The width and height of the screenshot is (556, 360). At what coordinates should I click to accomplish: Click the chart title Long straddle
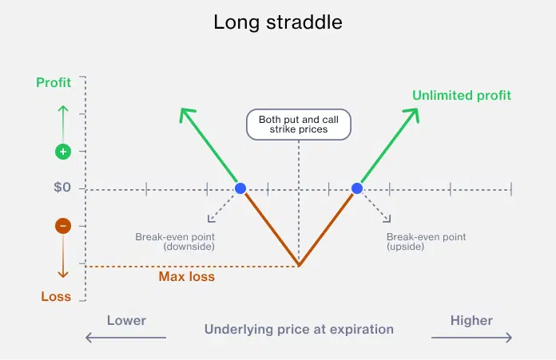pos(277,22)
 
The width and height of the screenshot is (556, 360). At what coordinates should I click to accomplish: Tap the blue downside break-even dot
pos(240,188)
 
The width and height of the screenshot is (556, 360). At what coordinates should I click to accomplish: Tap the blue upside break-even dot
pos(357,188)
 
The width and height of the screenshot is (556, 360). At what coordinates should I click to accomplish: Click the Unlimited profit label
pos(461,96)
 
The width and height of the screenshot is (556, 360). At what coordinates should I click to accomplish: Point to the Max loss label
pos(186,277)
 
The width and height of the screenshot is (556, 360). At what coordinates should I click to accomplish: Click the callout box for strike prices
pos(298,125)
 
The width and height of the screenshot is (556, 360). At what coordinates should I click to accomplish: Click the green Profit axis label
pos(54,82)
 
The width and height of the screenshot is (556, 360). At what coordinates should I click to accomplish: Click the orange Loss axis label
pos(56,296)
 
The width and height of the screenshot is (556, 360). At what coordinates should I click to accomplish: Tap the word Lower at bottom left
pos(126,320)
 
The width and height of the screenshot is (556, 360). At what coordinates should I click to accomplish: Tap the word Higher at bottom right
pos(471,320)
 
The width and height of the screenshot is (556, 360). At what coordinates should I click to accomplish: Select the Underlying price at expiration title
pos(299,329)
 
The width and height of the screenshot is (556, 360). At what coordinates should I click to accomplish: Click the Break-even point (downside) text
pos(175,242)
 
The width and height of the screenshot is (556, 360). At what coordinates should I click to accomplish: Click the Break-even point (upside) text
pos(426,242)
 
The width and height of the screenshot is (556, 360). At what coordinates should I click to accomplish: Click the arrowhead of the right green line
pos(414,112)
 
